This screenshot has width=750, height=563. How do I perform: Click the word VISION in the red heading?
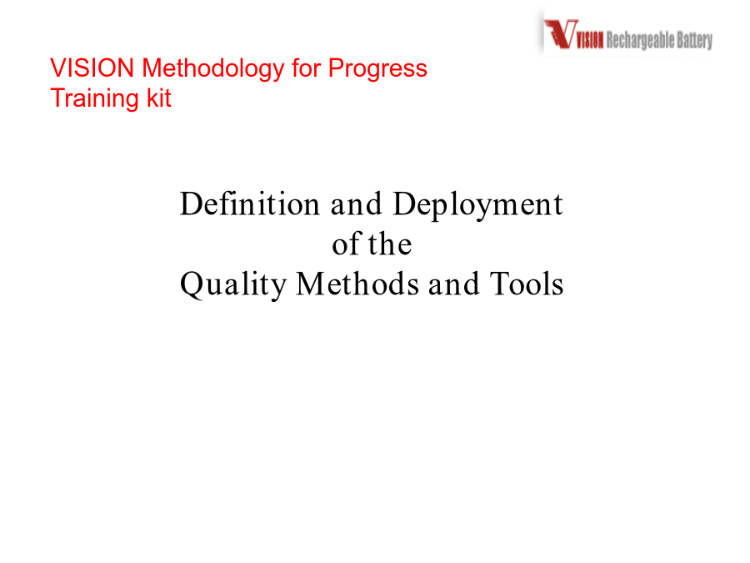(92, 68)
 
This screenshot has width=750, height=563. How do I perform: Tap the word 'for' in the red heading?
(306, 68)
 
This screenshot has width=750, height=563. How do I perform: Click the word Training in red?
(94, 99)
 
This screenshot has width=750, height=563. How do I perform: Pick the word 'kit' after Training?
(159, 98)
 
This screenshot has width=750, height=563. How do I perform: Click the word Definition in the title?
(250, 204)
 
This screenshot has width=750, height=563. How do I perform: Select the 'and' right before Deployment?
(357, 204)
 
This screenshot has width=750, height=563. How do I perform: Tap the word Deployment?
(477, 206)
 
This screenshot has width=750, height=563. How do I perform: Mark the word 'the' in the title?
(390, 244)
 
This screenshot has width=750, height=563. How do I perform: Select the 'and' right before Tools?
(454, 284)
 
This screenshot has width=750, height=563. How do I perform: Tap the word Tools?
(527, 284)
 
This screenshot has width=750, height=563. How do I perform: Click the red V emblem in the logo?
(561, 34)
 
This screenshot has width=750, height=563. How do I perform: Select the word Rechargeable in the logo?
(641, 41)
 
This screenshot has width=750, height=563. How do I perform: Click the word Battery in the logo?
(694, 41)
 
